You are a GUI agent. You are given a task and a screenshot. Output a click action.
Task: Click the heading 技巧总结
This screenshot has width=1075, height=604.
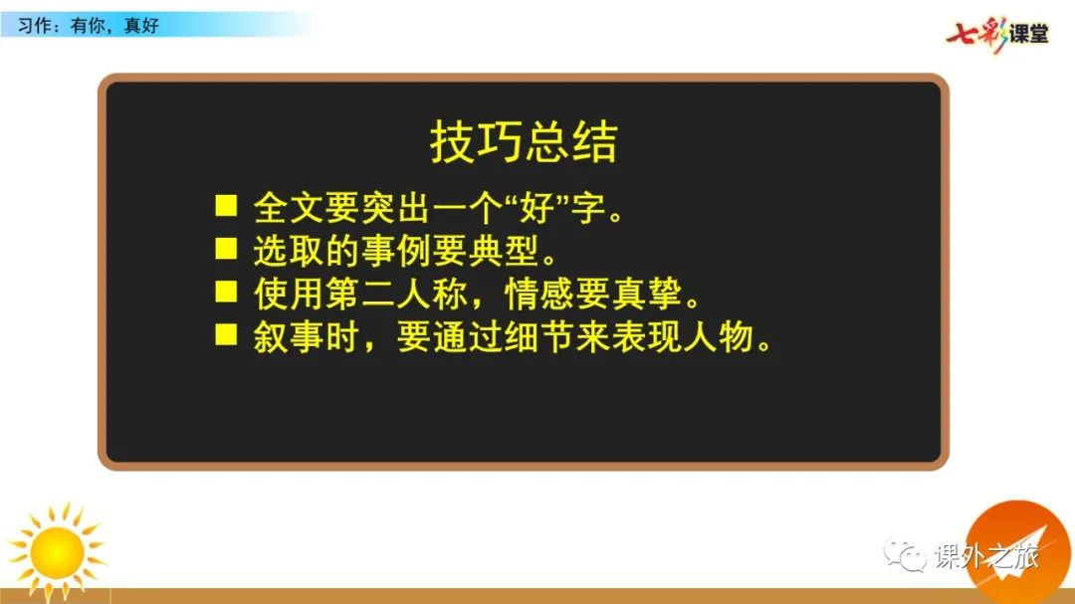coord(524,142)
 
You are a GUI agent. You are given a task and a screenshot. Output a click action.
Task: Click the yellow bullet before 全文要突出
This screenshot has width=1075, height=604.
coord(226,206)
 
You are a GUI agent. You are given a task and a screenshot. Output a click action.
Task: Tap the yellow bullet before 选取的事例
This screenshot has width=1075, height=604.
coord(226,248)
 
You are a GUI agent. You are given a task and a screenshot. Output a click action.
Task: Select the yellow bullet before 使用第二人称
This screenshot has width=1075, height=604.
coord(226,292)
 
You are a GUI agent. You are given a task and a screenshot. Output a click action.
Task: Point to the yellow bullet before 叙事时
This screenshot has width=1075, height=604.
coord(226,334)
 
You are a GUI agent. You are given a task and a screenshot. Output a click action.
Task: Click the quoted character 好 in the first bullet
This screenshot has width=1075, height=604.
coord(537,208)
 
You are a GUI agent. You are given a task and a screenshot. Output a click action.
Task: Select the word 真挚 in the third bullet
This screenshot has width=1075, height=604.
coord(647,295)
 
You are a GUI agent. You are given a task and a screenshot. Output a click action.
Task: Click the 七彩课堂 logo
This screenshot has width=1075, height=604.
coord(997,33)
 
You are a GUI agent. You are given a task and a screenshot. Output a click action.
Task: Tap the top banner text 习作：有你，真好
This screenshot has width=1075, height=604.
coord(89,26)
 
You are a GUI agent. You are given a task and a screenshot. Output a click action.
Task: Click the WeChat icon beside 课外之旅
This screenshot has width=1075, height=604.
coord(904,554)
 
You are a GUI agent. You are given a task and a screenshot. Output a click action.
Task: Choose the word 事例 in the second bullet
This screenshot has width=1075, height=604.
coord(396,251)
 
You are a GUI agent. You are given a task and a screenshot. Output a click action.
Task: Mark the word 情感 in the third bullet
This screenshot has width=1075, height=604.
coord(539,295)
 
